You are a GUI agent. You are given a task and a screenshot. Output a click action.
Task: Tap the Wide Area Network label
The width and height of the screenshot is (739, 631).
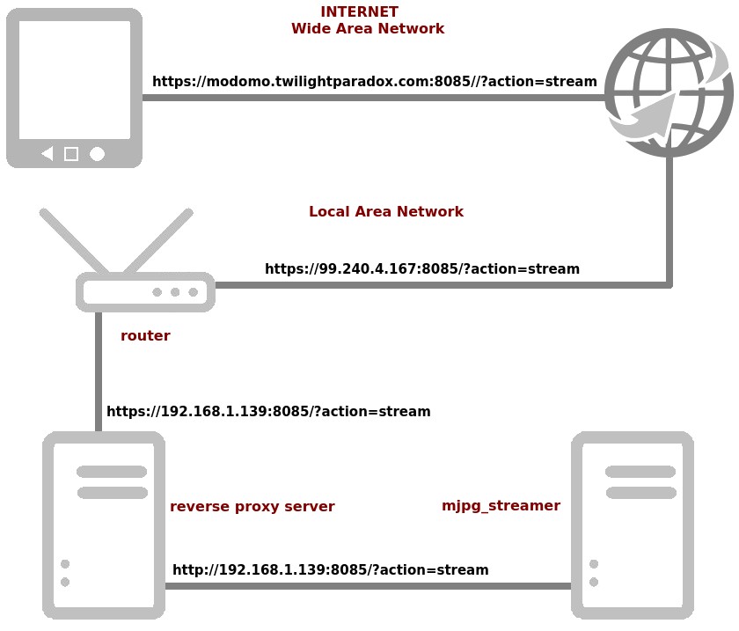pyautogui.click(x=368, y=29)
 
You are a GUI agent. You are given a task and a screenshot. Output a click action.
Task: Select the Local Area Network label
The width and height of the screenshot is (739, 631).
pyautogui.click(x=385, y=212)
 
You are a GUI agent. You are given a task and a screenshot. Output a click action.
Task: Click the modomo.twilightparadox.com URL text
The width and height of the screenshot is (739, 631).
pyautogui.click(x=374, y=82)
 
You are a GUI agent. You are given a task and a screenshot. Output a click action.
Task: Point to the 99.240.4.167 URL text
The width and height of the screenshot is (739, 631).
pyautogui.click(x=421, y=269)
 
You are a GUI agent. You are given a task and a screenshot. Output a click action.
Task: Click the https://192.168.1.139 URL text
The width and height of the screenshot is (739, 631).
pyautogui.click(x=268, y=412)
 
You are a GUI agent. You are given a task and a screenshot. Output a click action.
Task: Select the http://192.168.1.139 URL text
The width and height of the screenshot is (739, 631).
pyautogui.click(x=330, y=570)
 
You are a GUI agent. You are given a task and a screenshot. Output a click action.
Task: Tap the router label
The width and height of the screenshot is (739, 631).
pyautogui.click(x=145, y=336)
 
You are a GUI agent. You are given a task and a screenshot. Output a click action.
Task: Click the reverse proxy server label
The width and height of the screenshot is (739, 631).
pyautogui.click(x=252, y=507)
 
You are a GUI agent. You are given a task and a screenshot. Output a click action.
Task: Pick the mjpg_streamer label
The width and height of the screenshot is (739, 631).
pyautogui.click(x=501, y=506)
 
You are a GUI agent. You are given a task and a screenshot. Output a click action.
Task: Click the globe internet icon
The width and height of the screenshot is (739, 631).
pyautogui.click(x=669, y=92)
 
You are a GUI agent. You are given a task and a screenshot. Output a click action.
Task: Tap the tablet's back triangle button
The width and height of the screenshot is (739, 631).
pyautogui.click(x=48, y=154)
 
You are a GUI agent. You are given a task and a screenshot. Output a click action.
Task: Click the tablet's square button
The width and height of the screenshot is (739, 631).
pyautogui.click(x=71, y=154)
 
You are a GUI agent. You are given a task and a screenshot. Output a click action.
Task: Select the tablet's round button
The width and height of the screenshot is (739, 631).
pyautogui.click(x=97, y=154)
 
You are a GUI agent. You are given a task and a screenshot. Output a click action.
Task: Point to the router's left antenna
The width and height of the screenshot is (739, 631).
pyautogui.click(x=74, y=241)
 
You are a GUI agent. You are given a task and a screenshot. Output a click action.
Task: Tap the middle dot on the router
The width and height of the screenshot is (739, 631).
pyautogui.click(x=175, y=292)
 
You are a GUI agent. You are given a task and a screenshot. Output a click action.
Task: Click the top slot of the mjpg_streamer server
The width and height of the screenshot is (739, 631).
pyautogui.click(x=640, y=472)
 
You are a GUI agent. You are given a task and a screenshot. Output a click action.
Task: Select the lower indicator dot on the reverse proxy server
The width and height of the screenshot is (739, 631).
pyautogui.click(x=65, y=582)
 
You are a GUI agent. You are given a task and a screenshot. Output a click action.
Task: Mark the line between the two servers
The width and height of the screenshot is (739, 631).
pyautogui.click(x=368, y=586)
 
